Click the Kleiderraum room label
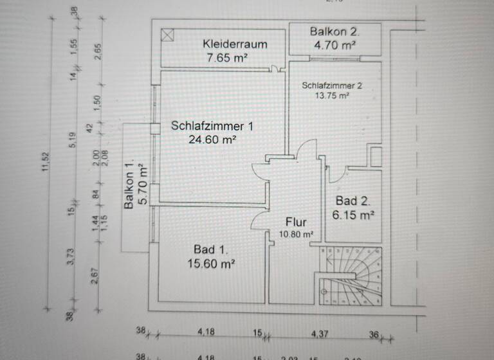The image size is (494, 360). (235, 44)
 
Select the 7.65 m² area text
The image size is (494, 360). (228, 58)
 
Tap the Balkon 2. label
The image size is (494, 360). (334, 31)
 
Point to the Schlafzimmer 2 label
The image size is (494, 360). (332, 85)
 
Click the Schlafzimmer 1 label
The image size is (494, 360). (212, 126)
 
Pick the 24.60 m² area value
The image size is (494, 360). (212, 139)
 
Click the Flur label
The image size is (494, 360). (295, 222)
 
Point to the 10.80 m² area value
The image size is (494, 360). (296, 235)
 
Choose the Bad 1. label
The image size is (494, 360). (210, 249)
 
